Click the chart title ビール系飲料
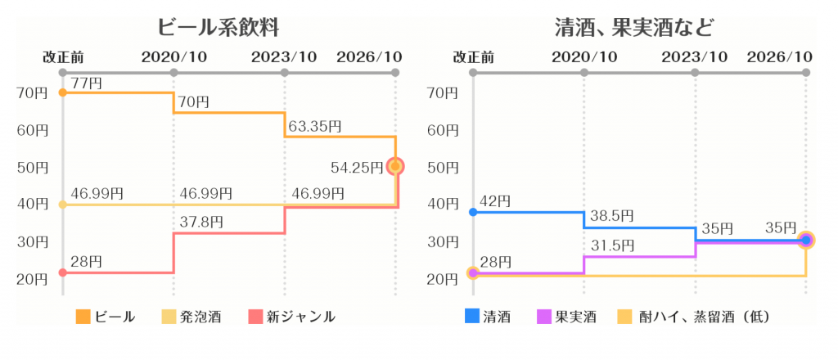point(219,27)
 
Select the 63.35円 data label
point(315,126)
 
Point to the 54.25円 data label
point(357,168)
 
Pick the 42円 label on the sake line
point(495,200)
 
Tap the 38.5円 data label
point(611,216)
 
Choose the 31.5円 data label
point(611,245)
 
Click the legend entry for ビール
point(106,316)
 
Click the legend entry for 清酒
point(488,316)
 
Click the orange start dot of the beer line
point(63,92)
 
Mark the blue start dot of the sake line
point(473,212)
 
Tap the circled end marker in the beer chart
point(396,167)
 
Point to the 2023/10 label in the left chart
point(284,57)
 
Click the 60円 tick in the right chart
point(443,130)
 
